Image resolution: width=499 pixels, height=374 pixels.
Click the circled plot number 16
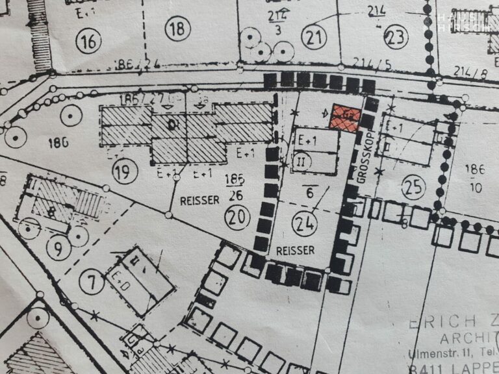tap(89, 42)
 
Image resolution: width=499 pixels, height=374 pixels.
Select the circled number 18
tap(177, 29)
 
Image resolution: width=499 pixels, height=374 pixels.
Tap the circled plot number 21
tap(315, 38)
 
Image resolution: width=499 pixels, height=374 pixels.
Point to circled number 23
tap(394, 38)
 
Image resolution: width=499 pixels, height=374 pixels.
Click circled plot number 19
tap(125, 172)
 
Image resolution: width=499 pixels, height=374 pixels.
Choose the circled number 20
tap(238, 217)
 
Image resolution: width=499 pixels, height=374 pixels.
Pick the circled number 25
tap(413, 187)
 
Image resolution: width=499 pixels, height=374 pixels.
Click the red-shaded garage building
tap(344, 117)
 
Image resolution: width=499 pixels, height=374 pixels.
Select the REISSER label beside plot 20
tap(201, 201)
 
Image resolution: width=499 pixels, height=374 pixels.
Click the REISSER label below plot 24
tap(295, 251)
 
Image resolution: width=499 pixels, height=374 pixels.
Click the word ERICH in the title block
tap(437, 323)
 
